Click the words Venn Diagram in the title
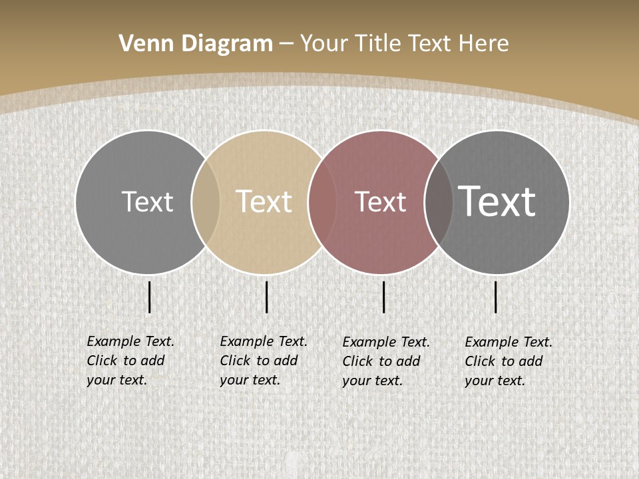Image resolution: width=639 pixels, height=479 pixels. (x=196, y=44)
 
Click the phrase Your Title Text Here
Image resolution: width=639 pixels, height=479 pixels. (x=404, y=44)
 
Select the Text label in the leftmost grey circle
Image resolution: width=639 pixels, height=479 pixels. (x=147, y=202)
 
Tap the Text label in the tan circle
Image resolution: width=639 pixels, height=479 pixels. (x=264, y=202)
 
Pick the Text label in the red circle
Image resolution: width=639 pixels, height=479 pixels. (x=380, y=202)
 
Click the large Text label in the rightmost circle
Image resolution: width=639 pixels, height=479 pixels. (x=497, y=201)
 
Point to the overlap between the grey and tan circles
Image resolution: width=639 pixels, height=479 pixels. (x=206, y=202)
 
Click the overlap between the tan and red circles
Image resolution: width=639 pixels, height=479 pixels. (x=322, y=202)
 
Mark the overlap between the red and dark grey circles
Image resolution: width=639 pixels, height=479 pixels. (x=439, y=202)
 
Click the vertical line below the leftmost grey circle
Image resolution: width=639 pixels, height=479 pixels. (x=149, y=297)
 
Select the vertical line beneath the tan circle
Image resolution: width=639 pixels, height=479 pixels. (x=266, y=297)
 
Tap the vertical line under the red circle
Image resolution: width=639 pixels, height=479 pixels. (x=383, y=297)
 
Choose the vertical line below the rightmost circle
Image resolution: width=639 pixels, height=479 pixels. (x=495, y=297)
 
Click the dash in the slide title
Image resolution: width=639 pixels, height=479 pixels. (x=286, y=44)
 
